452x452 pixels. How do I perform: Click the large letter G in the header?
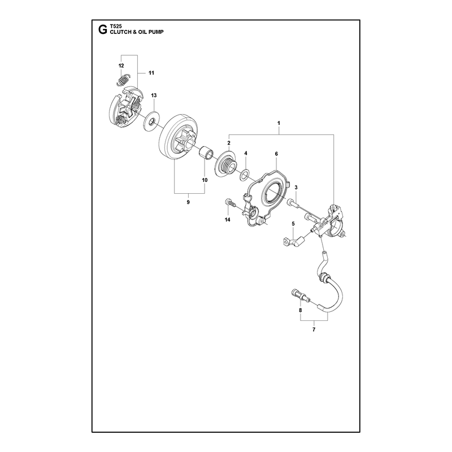pyautogui.click(x=102, y=29)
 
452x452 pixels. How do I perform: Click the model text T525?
pyautogui.click(x=116, y=26)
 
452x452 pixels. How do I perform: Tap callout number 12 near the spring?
pyautogui.click(x=121, y=66)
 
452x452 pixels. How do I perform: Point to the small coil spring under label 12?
pyautogui.click(x=124, y=80)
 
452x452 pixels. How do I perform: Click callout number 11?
pyautogui.click(x=151, y=73)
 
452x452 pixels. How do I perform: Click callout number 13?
pyautogui.click(x=154, y=95)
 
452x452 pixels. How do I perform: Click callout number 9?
pyautogui.click(x=188, y=202)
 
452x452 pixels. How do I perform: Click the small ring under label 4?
pyautogui.click(x=245, y=175)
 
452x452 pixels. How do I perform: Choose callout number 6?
pyautogui.click(x=276, y=154)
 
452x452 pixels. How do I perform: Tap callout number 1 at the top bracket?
pyautogui.click(x=279, y=123)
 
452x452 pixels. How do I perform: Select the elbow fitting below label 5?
pyautogui.click(x=293, y=242)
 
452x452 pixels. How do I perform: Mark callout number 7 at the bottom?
pyautogui.click(x=314, y=329)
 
